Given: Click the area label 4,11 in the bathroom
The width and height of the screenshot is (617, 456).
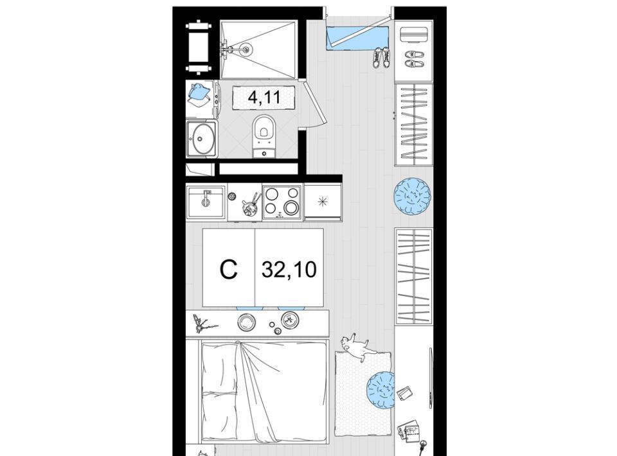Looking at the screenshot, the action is tap(264, 96).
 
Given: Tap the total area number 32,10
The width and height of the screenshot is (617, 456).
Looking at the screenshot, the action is tap(289, 270).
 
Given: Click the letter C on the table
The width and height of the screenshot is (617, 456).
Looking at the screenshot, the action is tap(229, 270).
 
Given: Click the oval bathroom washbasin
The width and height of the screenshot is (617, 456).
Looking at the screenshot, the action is tap(201, 139).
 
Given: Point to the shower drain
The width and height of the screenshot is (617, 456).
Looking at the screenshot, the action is tap(246, 49).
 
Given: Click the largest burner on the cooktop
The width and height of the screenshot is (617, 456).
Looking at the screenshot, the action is tap(291, 207).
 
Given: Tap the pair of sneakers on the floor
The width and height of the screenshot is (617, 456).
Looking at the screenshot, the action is tap(381, 57).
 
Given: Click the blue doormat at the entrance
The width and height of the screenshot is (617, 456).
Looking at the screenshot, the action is tap(357, 38).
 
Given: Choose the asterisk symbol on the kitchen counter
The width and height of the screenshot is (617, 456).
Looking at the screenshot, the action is tap(323, 202).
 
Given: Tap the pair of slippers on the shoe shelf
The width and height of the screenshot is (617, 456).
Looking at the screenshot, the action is tap(415, 58).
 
